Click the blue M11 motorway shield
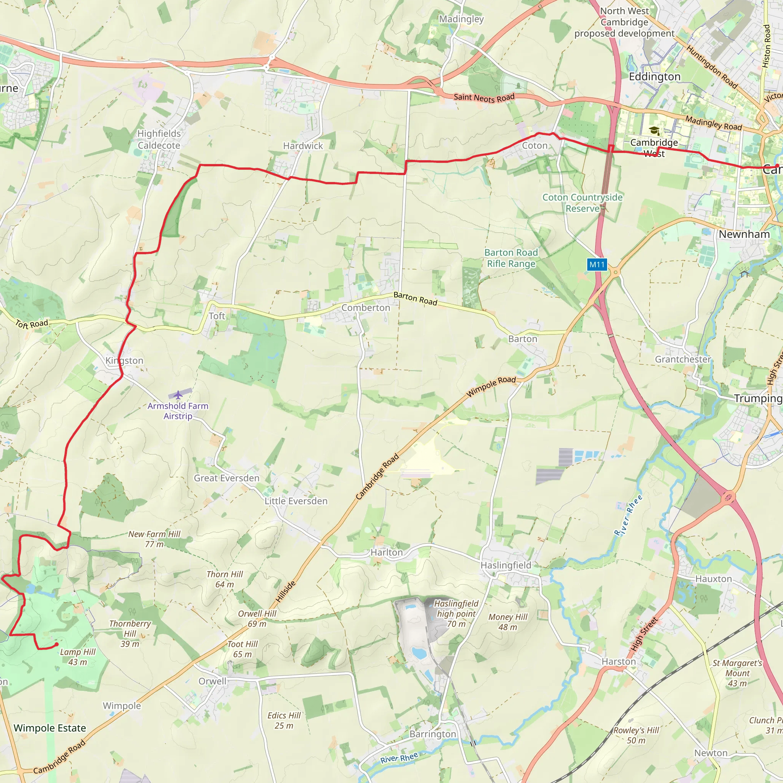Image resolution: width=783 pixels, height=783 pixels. click(x=596, y=265)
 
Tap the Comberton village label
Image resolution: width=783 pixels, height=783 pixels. click(x=366, y=308)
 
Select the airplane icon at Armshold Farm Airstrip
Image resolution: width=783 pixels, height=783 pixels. click(x=178, y=395)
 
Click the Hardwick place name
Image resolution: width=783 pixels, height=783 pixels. click(x=303, y=146)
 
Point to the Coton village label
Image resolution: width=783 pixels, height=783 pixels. click(x=534, y=146)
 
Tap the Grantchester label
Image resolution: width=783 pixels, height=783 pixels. click(x=682, y=359)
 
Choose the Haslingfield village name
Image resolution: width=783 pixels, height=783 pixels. click(x=505, y=565)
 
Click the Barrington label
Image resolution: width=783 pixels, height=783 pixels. click(x=432, y=734)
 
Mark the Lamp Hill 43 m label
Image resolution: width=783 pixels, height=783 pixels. click(x=77, y=657)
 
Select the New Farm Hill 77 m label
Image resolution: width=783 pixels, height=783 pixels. click(x=154, y=539)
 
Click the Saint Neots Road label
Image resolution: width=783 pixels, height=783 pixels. click(x=484, y=97)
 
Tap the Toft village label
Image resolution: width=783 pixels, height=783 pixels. click(x=217, y=316)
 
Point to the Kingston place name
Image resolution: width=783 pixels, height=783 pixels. click(x=124, y=360)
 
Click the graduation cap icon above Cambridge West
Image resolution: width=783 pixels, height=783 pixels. click(x=654, y=130)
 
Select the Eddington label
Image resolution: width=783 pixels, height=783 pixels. click(x=655, y=76)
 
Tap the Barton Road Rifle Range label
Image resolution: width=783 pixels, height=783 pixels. click(x=511, y=258)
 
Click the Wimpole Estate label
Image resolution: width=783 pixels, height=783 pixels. click(x=50, y=728)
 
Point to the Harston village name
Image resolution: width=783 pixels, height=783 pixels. click(x=619, y=661)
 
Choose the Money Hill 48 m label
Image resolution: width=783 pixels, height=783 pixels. click(x=508, y=622)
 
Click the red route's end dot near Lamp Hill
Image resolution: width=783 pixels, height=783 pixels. click(x=57, y=644)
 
